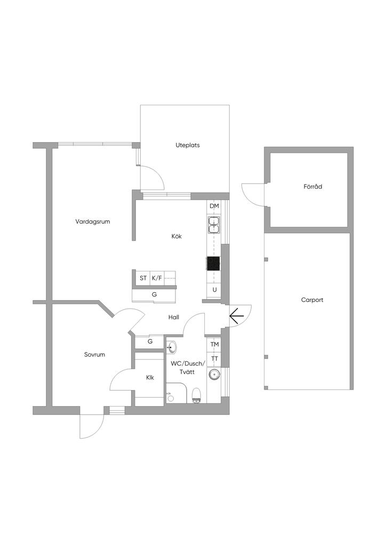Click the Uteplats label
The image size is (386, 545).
188,145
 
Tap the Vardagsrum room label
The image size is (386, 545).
93,221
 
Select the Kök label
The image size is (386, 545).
176,236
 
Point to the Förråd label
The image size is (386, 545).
313,187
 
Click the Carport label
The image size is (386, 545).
312,300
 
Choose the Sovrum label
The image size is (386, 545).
94,354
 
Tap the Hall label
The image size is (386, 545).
174,317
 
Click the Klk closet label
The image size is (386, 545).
150,377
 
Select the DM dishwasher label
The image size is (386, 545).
214,206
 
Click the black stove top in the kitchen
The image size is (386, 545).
214,263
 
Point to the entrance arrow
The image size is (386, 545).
237,316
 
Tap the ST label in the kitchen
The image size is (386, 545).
143,278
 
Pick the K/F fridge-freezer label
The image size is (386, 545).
157,278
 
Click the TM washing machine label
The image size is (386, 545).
214,344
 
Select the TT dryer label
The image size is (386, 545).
214,358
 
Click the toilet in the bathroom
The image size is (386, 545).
196,394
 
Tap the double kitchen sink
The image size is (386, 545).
214,225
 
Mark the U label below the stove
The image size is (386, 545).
214,290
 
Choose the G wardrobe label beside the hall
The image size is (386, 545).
150,342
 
